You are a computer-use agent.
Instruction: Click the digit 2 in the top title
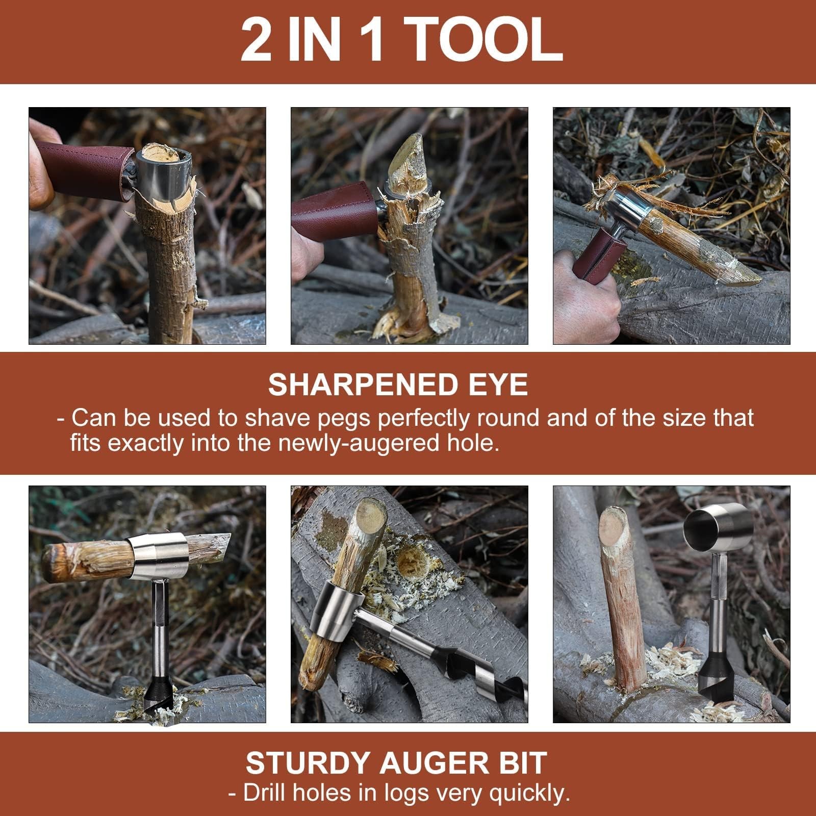256,40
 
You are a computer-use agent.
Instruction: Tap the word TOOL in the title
485,40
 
